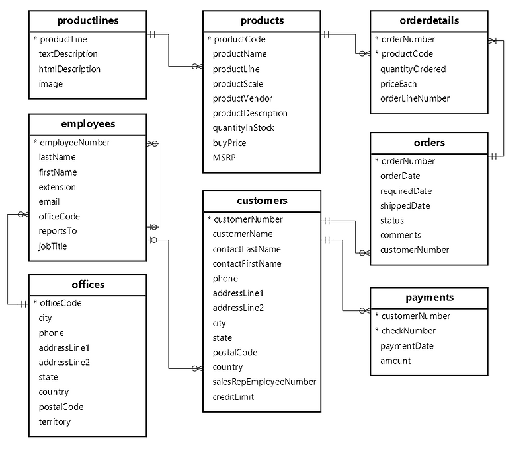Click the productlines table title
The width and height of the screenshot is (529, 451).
[x=88, y=20]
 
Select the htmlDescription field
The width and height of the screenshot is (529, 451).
[x=69, y=69]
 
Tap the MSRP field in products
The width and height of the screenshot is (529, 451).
[x=224, y=157]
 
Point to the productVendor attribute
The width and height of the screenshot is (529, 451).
[x=242, y=98]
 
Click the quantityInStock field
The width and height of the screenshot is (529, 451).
[x=243, y=127]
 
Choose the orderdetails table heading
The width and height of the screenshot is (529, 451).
[x=428, y=20]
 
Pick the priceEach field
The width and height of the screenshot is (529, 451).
[x=398, y=83]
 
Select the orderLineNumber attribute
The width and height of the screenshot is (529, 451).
[x=415, y=98]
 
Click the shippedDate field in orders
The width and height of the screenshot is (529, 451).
[x=405, y=205]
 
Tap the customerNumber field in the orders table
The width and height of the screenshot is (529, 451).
[x=414, y=250]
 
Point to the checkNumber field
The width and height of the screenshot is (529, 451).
[x=408, y=330]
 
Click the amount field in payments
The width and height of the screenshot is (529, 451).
[x=395, y=361]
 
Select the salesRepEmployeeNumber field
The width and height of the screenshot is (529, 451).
[x=264, y=382]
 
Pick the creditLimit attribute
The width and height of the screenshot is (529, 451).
[x=233, y=397]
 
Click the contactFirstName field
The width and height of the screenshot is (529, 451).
[x=247, y=263]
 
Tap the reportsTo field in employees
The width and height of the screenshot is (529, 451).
[x=58, y=231]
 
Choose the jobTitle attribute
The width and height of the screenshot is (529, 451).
[x=53, y=246]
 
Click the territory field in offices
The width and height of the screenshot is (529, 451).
[x=54, y=421]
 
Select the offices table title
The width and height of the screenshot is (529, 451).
[x=88, y=285]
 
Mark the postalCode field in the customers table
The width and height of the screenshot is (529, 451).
[x=235, y=352]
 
